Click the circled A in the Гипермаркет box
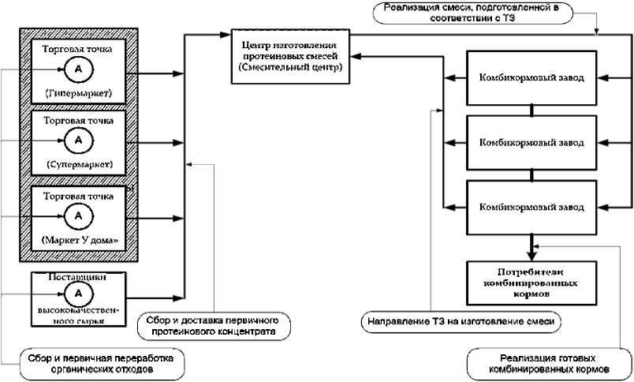pos(78,70)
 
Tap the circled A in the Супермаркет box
pos(78,141)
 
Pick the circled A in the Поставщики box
pos(78,294)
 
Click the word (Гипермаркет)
pos(78,93)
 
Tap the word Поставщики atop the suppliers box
pos(78,278)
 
